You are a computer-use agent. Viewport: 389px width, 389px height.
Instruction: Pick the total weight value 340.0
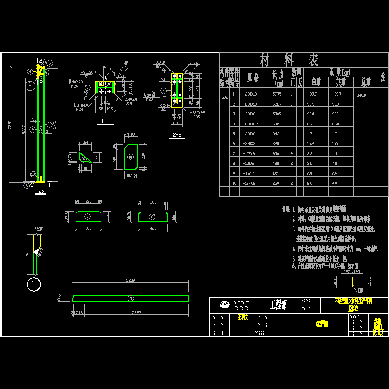(x=361, y=95)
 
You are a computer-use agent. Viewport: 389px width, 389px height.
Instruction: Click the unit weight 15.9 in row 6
(x=314, y=144)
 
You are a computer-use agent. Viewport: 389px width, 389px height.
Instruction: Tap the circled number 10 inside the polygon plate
(x=130, y=157)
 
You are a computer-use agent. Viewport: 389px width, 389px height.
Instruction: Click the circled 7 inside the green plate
(x=88, y=215)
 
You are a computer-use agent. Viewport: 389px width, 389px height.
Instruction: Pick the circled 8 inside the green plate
(x=152, y=215)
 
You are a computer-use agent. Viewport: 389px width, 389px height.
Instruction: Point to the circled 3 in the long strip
(x=130, y=298)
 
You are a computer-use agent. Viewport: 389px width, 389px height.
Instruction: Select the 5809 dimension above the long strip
(x=130, y=281)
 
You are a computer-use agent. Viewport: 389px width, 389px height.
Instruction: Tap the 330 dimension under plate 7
(x=88, y=227)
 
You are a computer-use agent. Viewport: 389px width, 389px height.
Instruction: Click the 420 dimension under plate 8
(x=152, y=227)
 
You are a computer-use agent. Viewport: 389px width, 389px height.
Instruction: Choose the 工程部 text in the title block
(x=278, y=305)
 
